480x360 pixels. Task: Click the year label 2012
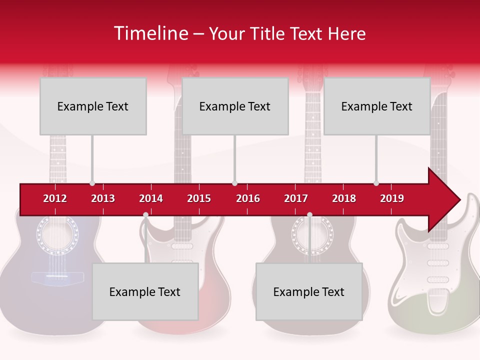(55, 198)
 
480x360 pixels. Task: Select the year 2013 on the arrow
(103, 198)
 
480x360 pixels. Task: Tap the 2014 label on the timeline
(151, 198)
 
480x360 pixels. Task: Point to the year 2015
(199, 198)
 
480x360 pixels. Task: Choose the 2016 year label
(248, 198)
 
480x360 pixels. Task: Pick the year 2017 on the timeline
(296, 198)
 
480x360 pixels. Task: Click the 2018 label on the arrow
(344, 198)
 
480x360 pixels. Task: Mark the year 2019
(392, 198)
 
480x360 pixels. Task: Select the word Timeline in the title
(150, 33)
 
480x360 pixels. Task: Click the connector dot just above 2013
(92, 183)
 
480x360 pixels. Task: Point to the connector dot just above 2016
(234, 183)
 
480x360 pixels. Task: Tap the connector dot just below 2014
(145, 215)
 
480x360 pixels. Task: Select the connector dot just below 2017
(309, 215)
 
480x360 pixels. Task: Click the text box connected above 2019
(377, 106)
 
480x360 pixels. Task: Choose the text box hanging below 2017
(309, 291)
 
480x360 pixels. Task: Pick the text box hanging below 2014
(145, 291)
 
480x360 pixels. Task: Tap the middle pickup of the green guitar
(438, 262)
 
